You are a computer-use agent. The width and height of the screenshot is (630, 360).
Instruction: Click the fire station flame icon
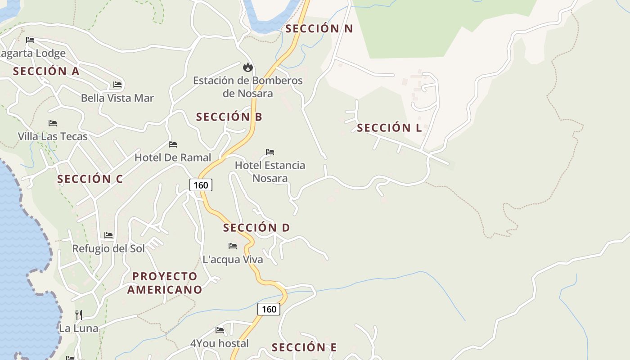247,67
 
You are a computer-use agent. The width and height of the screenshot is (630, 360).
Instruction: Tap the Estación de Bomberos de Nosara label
248,87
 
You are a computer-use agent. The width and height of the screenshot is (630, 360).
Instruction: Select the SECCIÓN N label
319,28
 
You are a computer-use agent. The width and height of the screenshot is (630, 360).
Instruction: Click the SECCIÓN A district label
46,71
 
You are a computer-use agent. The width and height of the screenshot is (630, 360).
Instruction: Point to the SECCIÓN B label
229,117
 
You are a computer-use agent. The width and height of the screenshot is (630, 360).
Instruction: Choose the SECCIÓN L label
389,128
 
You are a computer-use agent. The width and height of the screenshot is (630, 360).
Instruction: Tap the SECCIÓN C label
90,179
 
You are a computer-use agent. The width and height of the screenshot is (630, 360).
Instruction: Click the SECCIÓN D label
256,228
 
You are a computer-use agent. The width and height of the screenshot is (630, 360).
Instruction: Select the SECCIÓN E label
304,347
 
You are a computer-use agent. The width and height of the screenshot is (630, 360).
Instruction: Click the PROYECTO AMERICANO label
165,283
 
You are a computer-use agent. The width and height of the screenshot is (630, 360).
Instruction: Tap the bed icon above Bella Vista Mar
117,85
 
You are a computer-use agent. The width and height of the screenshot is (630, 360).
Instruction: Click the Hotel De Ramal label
173,157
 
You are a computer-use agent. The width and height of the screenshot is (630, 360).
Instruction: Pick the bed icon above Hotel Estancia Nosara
270,152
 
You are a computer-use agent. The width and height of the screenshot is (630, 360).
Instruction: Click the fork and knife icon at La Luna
79,315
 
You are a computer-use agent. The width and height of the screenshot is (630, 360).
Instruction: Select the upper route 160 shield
201,185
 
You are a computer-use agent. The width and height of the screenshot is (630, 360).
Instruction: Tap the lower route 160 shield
269,309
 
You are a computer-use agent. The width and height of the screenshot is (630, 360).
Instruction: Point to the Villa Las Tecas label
53,136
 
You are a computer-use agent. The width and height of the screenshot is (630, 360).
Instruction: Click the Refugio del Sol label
108,248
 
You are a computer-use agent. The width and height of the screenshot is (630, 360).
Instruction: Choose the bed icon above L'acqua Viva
233,246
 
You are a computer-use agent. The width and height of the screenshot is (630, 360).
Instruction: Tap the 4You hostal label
220,343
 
